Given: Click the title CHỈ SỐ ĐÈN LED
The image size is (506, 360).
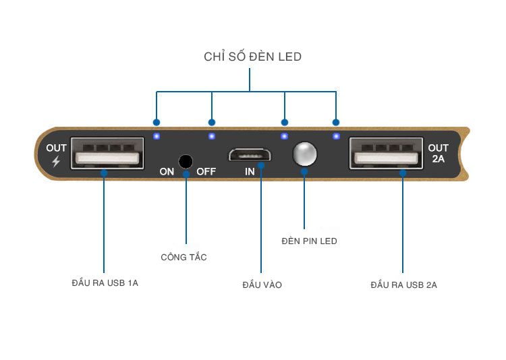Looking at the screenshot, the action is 253,57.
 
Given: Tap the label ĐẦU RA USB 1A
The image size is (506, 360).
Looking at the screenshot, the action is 105,283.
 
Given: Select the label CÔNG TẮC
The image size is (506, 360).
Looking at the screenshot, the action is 184,257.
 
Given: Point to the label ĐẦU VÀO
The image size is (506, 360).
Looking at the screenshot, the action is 262,284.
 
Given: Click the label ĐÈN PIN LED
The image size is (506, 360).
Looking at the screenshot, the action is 309,241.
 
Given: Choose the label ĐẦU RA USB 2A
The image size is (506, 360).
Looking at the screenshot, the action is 403,285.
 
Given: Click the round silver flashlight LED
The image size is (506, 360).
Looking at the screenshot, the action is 304,154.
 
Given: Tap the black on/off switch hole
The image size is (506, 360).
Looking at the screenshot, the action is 186,162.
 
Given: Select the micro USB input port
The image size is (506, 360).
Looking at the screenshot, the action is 250,154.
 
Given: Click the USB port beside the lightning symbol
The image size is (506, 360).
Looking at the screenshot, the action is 107,153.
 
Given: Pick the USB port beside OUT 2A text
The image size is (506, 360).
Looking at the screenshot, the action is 387,153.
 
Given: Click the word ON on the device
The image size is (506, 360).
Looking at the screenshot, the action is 167,172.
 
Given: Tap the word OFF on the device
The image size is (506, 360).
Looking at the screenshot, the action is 206,171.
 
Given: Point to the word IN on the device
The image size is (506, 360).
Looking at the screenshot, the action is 250,172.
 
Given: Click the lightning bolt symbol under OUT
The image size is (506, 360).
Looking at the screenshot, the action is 56,161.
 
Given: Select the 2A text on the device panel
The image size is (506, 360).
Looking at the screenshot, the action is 439,158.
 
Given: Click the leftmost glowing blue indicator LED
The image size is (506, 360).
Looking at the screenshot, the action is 157,136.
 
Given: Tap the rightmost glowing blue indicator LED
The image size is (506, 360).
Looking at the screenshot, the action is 336,136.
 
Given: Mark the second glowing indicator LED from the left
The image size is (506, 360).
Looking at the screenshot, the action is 212,136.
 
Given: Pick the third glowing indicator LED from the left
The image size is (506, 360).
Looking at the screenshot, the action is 284,136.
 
